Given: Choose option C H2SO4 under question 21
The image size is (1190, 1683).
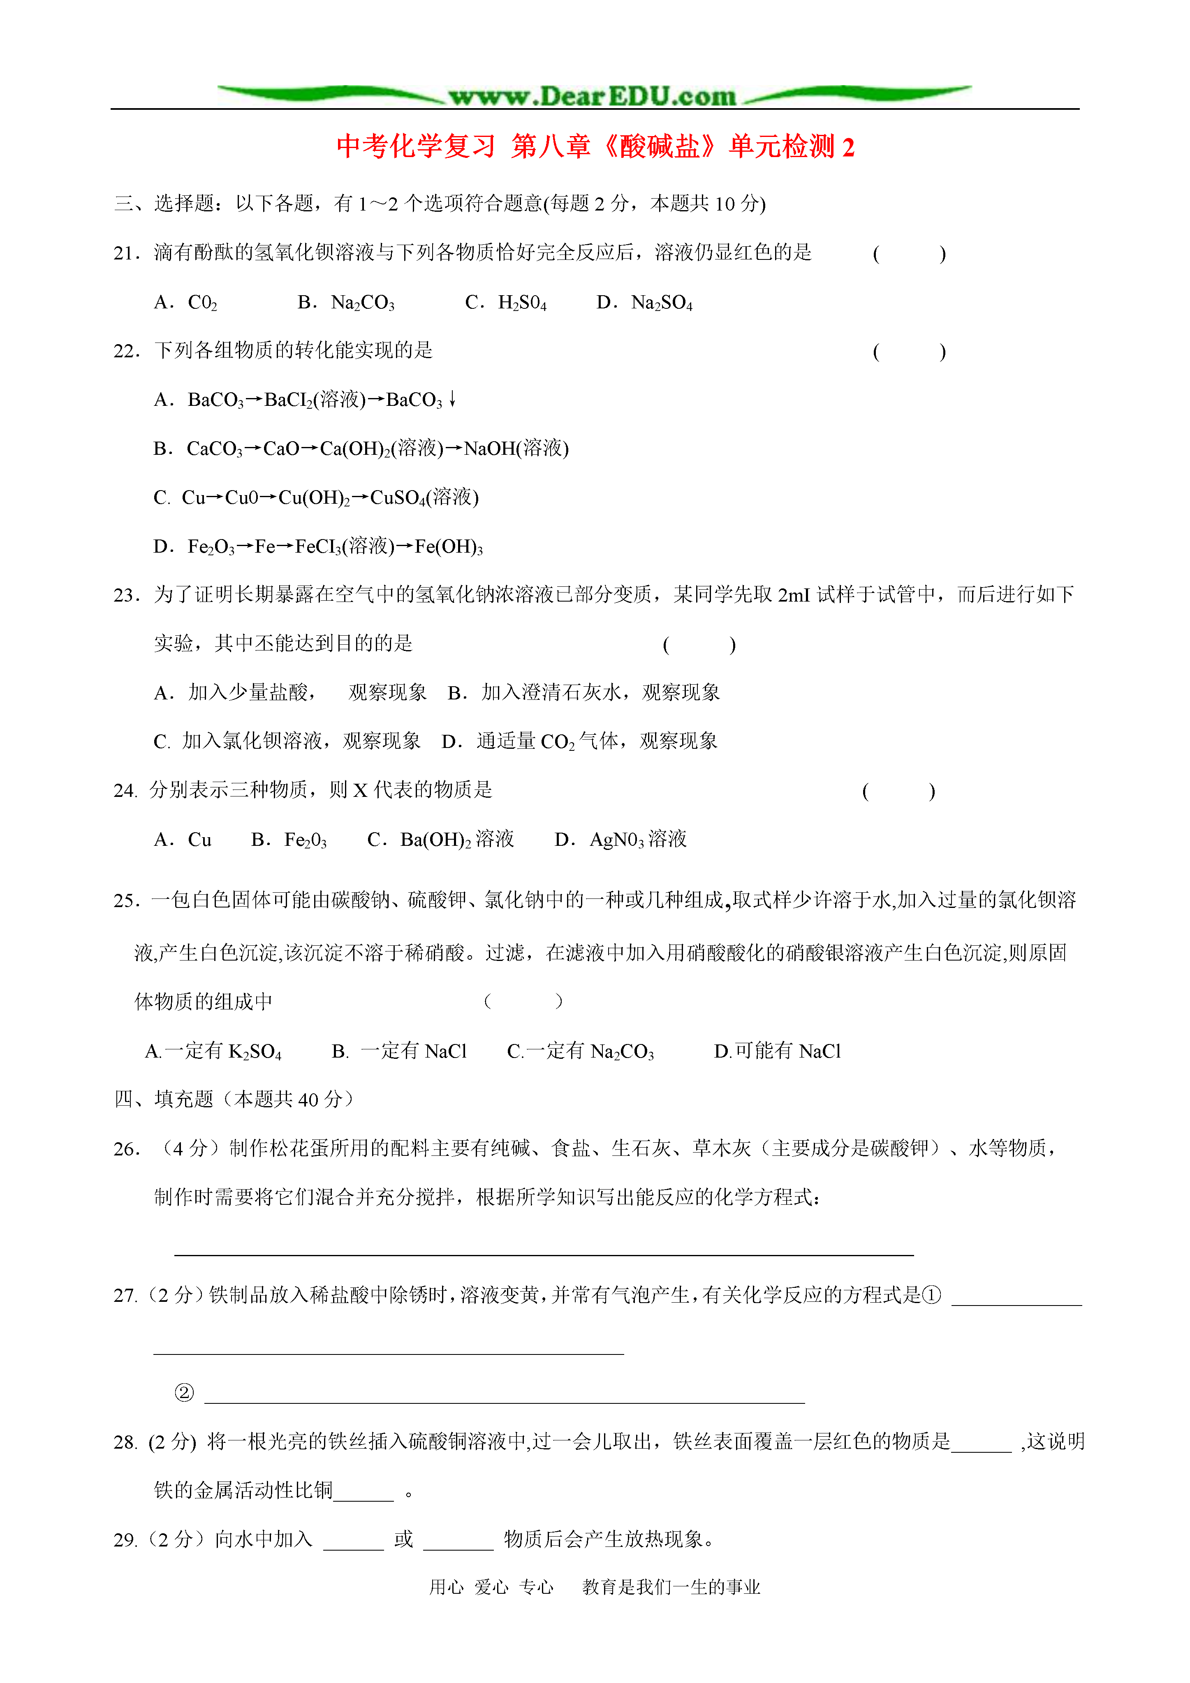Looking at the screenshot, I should tap(522, 303).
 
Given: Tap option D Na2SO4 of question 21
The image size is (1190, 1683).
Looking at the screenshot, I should tap(661, 303).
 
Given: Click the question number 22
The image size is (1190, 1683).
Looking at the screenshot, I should tap(126, 351).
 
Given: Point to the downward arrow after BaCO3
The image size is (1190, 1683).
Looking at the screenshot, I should tap(452, 399).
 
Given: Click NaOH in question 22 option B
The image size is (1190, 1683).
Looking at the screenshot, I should tap(489, 449).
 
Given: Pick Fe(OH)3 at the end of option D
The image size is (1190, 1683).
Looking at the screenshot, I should tap(449, 547).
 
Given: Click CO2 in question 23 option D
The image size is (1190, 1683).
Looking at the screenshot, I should tap(557, 742).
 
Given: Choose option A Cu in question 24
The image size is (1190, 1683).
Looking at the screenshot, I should tap(199, 840).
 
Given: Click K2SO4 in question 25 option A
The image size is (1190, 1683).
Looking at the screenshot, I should tap(255, 1052).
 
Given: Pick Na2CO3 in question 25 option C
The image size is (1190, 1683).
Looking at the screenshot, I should tap(622, 1052).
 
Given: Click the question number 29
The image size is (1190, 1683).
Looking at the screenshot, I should tap(125, 1540).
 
